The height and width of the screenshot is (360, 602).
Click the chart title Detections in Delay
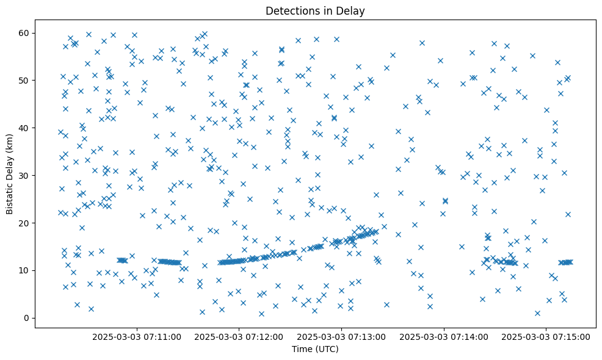tap(315, 10)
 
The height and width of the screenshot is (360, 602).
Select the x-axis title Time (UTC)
tap(315, 349)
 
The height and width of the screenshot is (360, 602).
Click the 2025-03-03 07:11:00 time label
tap(137, 336)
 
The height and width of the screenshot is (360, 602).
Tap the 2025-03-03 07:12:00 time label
tap(239, 336)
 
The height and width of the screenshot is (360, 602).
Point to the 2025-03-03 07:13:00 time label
tap(341, 336)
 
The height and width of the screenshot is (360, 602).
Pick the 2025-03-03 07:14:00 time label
tap(443, 336)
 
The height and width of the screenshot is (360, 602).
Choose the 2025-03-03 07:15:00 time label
tap(546, 336)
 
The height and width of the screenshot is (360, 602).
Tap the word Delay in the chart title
tap(352, 10)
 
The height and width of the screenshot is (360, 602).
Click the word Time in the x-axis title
tap(301, 349)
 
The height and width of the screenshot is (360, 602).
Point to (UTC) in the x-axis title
tap(326, 349)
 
